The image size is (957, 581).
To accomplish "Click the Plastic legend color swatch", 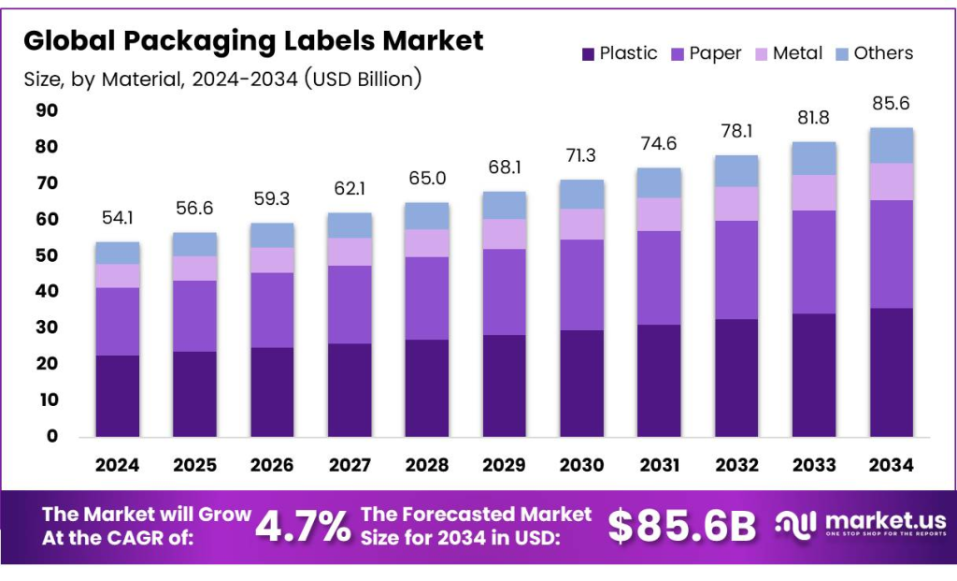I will (x=587, y=54).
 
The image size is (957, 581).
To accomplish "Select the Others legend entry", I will (x=883, y=53).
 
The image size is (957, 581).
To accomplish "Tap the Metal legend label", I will (x=797, y=53).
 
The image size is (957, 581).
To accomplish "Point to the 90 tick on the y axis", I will (x=46, y=110).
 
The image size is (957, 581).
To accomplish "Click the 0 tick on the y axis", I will (x=52, y=436).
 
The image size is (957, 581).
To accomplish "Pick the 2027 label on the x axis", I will (x=350, y=465).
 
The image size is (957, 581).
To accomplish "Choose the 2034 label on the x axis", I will (x=892, y=465).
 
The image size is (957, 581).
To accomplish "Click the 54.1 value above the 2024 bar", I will (x=117, y=219).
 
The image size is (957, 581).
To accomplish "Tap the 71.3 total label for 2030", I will (x=582, y=156).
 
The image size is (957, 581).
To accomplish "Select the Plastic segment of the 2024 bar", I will (x=117, y=396).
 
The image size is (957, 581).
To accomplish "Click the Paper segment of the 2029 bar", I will (x=505, y=292).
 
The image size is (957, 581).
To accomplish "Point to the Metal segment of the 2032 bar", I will (x=736, y=204).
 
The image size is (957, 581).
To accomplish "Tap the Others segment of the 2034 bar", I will (x=892, y=146).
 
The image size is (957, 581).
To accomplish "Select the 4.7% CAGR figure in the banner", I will (x=303, y=527).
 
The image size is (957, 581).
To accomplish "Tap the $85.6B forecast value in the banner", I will (x=681, y=527).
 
